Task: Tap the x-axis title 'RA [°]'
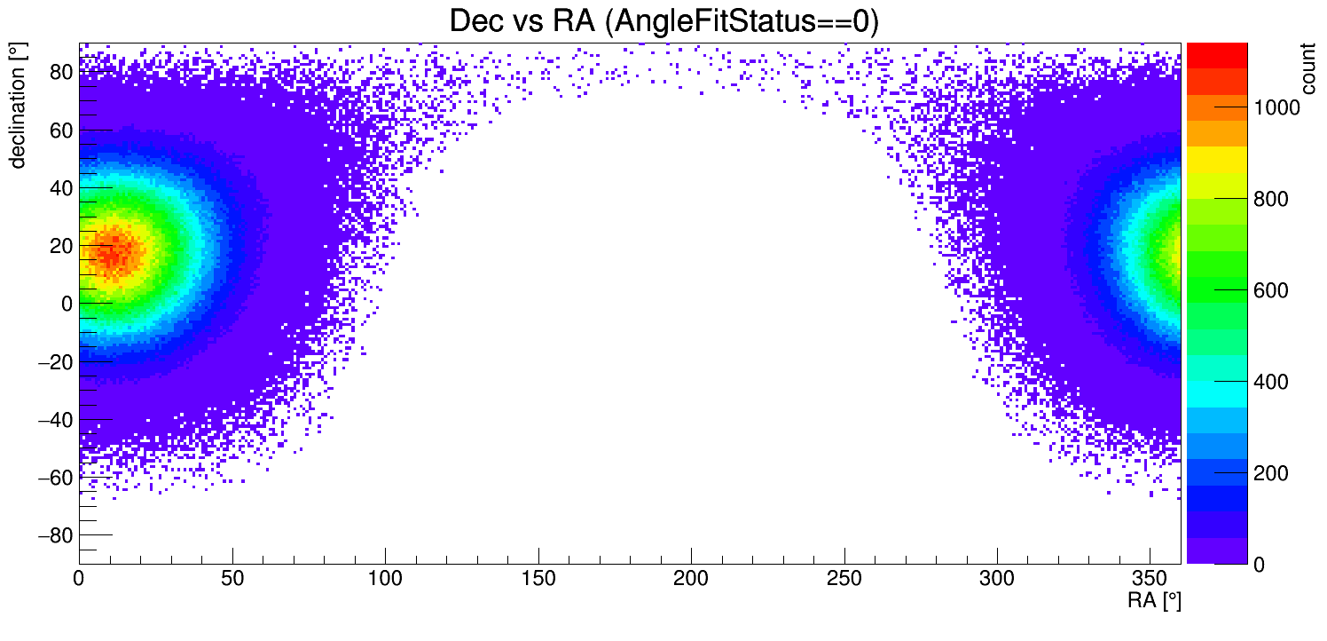1154,601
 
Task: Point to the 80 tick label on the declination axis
60,73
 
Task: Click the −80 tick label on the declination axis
56,535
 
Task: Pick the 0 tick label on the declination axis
66,304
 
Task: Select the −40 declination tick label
56,420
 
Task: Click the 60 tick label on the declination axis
60,131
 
